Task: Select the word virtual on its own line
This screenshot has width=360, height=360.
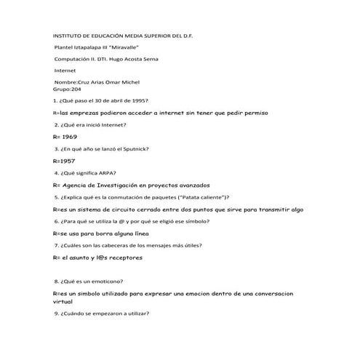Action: click(x=63, y=300)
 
